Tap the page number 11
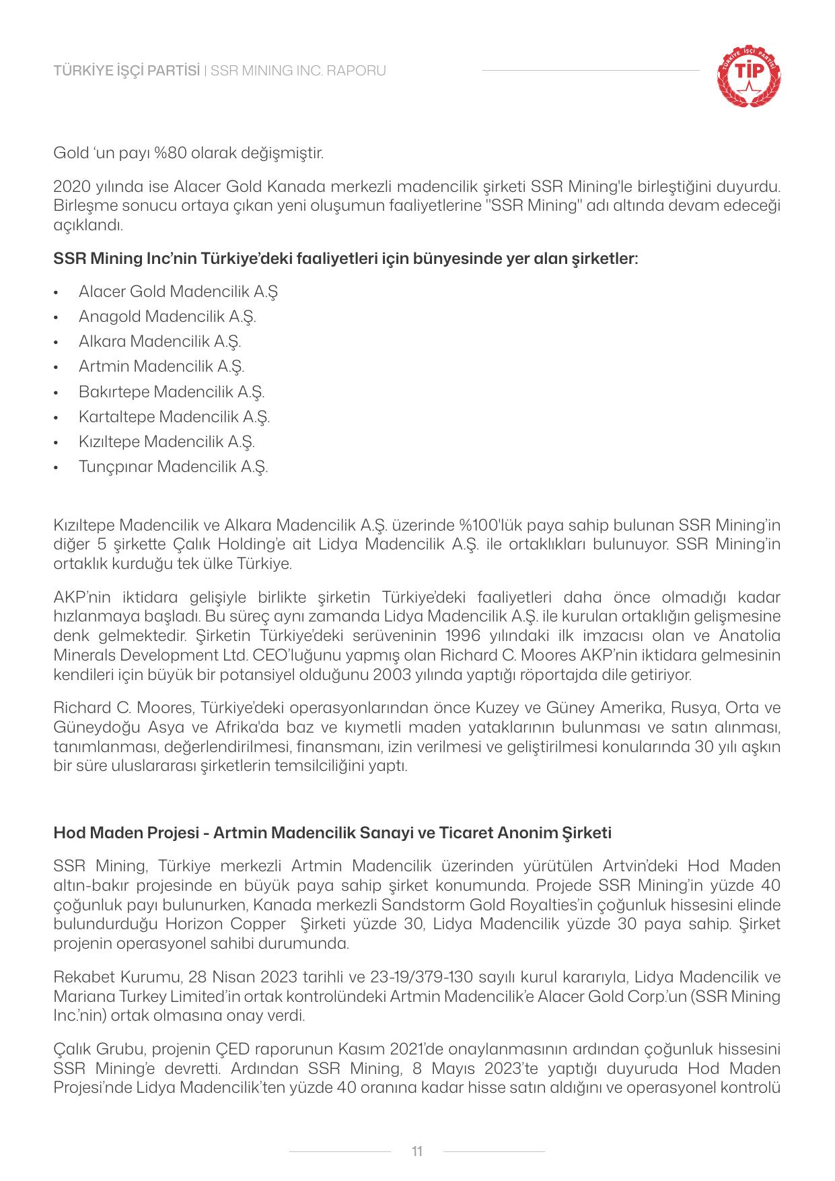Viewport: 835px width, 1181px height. pos(417,1151)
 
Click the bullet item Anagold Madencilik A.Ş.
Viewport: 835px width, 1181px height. pos(167,316)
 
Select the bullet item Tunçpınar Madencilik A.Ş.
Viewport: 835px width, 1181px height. pos(173,467)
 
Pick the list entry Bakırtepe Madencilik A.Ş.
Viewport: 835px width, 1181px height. pos(171,391)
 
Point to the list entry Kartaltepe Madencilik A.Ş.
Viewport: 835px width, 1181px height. pos(174,417)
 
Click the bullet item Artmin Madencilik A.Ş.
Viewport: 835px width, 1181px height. pos(161,366)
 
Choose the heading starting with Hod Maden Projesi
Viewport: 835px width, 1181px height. pos(332,833)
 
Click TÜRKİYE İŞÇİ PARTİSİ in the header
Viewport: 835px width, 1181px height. pos(126,71)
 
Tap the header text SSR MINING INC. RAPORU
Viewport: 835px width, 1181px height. pos(298,71)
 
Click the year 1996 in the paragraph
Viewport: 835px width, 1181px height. pos(465,636)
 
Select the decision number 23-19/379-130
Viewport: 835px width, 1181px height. pos(421,976)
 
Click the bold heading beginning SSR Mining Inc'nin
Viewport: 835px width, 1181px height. pos(345,258)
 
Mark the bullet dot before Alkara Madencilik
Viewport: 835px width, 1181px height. pos(60,342)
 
